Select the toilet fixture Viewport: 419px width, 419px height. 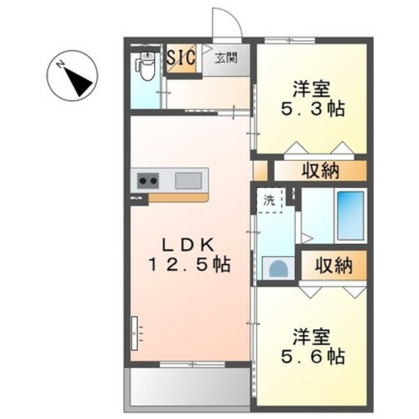click(147, 69)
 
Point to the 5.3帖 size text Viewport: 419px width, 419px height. click(313, 108)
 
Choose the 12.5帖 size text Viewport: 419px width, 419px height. click(188, 265)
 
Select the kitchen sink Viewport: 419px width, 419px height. click(189, 180)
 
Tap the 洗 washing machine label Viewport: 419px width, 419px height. click(268, 200)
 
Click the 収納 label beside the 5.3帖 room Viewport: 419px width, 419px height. click(320, 170)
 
